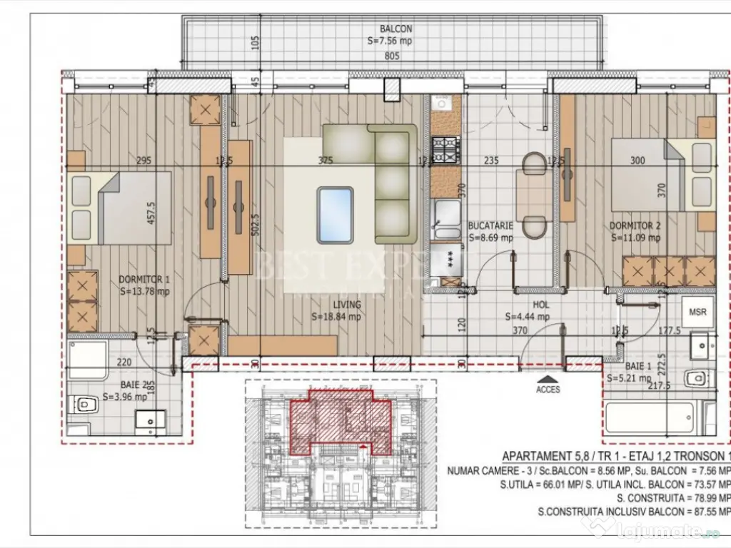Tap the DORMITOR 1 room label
coord(143,279)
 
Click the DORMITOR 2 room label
coord(634,226)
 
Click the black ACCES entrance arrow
coord(548,379)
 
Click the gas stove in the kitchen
coord(446,149)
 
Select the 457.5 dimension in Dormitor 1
coord(151,213)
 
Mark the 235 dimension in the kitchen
coord(490,161)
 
